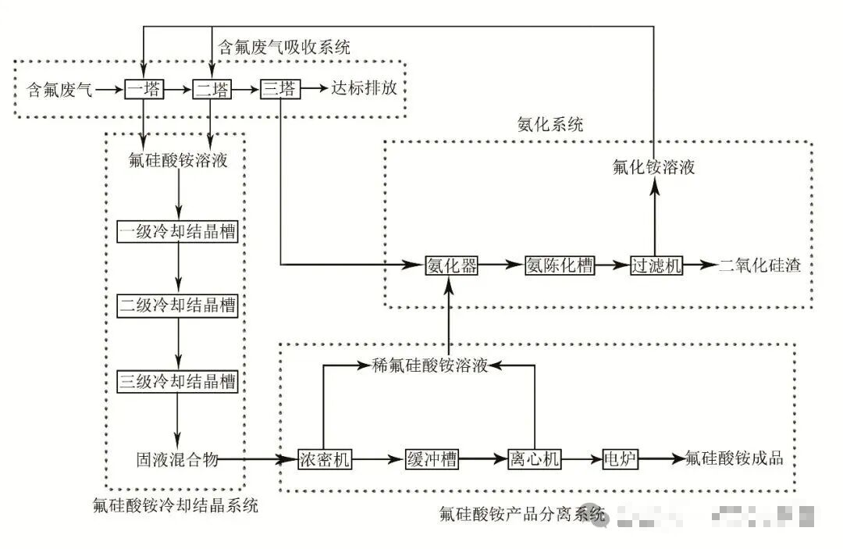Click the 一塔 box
point(144,90)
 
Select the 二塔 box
point(212,90)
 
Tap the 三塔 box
point(279,90)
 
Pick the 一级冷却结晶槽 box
point(178,232)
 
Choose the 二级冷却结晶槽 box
point(178,305)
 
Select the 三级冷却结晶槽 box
point(178,382)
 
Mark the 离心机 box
point(534,459)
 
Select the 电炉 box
point(620,459)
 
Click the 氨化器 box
point(451,266)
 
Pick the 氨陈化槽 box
point(559,266)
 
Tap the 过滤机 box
point(656,266)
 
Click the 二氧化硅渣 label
point(759,265)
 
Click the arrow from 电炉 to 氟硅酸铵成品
point(660,459)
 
